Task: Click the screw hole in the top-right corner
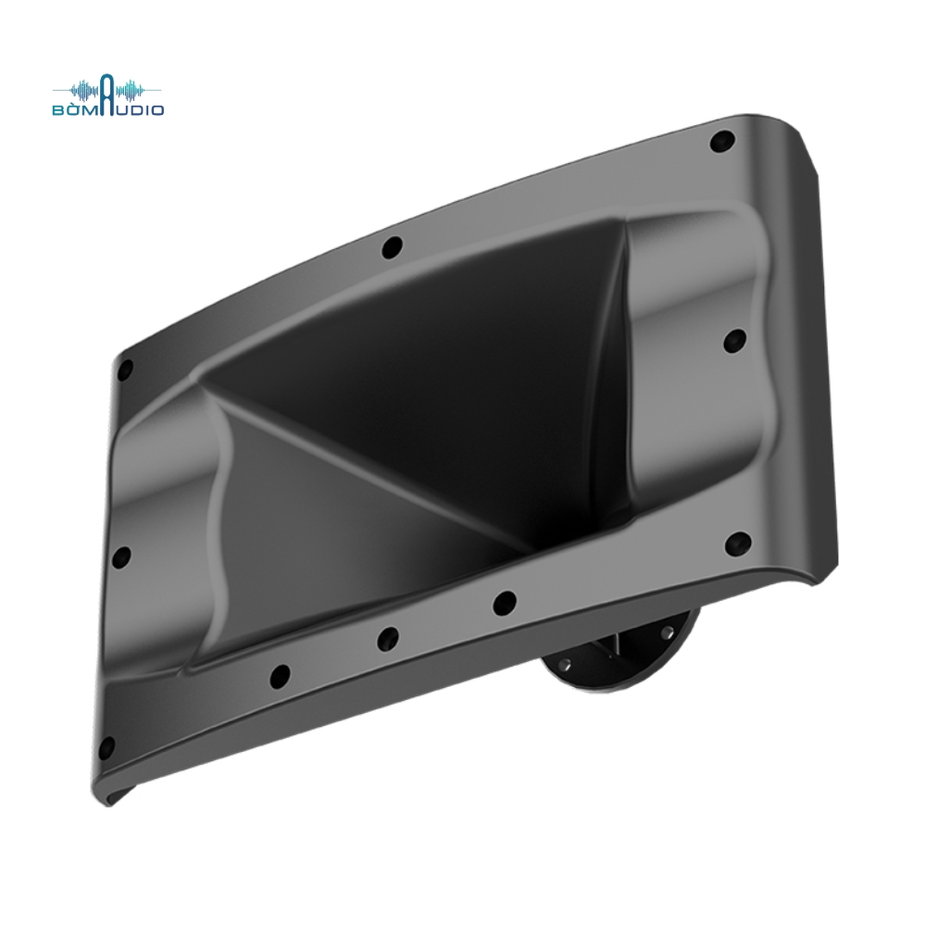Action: coord(721,141)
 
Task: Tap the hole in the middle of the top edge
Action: coord(392,247)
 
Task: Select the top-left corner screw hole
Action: coord(125,370)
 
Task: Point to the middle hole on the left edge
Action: coord(121,557)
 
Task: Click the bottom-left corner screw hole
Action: coord(106,748)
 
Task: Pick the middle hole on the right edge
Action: coord(735,341)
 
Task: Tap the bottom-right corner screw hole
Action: coord(738,544)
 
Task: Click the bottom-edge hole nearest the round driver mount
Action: coord(504,603)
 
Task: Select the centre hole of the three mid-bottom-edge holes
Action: coord(388,638)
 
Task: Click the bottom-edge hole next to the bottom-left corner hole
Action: coord(280,676)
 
